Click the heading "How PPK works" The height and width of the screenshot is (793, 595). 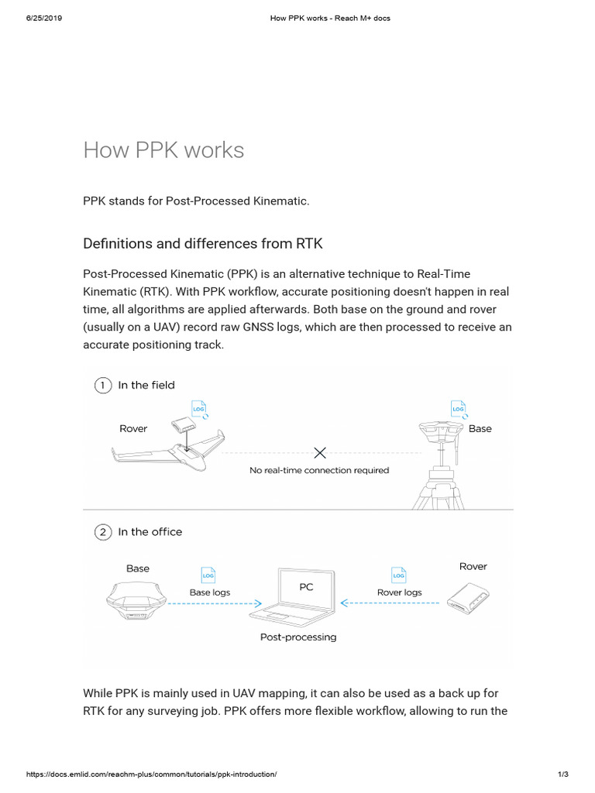tap(163, 149)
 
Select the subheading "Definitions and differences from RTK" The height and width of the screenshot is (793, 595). tap(203, 244)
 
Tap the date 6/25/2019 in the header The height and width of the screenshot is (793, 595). tap(44, 18)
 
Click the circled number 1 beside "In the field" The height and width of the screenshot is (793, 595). tap(102, 385)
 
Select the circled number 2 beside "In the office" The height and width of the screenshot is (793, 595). tap(102, 532)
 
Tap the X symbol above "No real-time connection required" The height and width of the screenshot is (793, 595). tap(319, 452)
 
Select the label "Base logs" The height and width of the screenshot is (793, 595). tap(210, 592)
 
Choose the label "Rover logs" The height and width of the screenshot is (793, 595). tap(399, 592)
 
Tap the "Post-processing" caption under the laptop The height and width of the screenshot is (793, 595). tap(298, 637)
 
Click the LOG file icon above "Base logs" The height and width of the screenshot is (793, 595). tap(208, 575)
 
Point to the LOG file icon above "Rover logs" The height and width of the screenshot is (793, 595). tap(399, 575)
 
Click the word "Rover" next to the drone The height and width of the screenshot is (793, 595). tap(133, 428)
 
